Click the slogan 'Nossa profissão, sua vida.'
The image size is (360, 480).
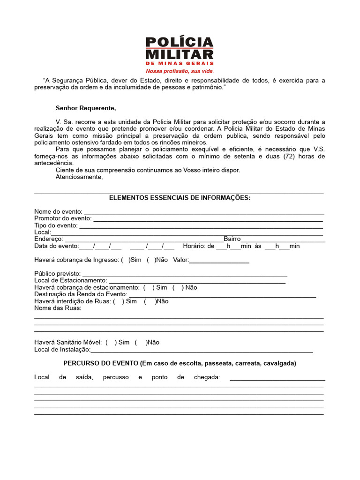click(180, 71)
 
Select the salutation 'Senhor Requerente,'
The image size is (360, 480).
click(85, 108)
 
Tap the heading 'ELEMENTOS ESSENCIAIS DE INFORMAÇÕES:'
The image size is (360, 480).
click(180, 198)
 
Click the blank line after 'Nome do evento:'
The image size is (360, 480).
click(204, 212)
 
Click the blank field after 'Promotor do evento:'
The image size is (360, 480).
click(208, 219)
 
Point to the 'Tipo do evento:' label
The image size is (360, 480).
click(56, 225)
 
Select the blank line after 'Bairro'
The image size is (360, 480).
click(283, 239)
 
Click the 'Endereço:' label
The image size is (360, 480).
click(48, 239)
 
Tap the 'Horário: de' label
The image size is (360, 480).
click(198, 246)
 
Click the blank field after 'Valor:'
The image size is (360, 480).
click(219, 260)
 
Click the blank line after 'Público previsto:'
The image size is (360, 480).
click(185, 274)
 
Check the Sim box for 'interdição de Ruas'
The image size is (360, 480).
click(119, 301)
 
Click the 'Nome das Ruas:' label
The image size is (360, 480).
click(58, 308)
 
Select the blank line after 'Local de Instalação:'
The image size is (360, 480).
click(202, 350)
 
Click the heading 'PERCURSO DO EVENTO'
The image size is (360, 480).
click(100, 363)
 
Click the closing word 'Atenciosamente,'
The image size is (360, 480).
click(79, 177)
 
